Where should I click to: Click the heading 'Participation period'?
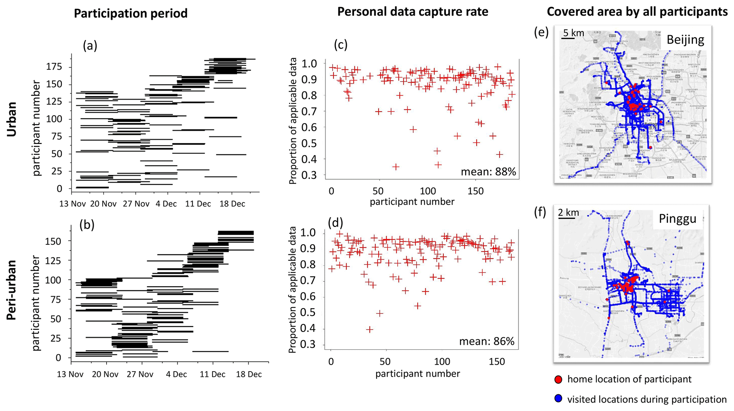coord(130,13)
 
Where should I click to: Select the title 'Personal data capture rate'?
coord(413,12)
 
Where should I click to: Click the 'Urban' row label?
coord(12,119)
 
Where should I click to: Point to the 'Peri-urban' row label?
coord(12,290)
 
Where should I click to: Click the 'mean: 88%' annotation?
coord(488,172)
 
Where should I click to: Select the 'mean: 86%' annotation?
coord(486,341)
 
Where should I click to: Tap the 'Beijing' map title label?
coord(685,39)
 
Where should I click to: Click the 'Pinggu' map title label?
coord(677,219)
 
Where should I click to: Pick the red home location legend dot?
coord(558,379)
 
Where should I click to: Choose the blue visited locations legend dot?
coord(558,399)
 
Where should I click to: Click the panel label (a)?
coord(90,46)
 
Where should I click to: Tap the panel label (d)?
coord(335,223)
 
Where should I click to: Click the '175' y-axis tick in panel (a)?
coord(54,67)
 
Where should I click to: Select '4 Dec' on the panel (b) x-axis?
coord(176,374)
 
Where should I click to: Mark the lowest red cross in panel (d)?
coord(369,329)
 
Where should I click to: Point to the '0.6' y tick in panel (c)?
coord(309,127)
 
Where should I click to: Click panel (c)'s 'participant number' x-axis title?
coord(412,202)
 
